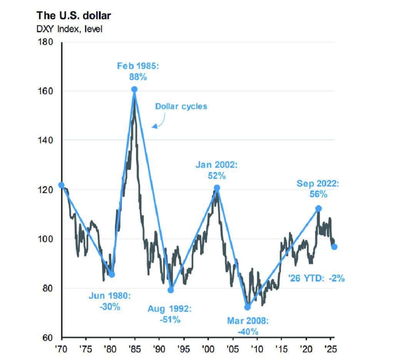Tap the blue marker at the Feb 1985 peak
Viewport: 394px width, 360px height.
134,89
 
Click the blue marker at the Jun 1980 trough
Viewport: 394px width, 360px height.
112,274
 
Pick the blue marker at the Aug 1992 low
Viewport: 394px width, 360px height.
171,290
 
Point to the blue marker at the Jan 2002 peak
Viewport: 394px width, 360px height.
217,188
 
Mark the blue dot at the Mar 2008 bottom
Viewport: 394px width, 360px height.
247,307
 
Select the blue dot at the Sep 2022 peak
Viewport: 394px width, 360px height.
319,208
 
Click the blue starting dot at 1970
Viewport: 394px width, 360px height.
62,185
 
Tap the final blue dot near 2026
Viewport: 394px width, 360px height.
334,247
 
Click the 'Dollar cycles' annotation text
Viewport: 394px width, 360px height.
181,106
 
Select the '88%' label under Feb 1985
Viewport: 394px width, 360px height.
138,77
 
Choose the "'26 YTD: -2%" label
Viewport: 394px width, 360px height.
316,278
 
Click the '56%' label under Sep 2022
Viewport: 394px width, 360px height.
318,195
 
